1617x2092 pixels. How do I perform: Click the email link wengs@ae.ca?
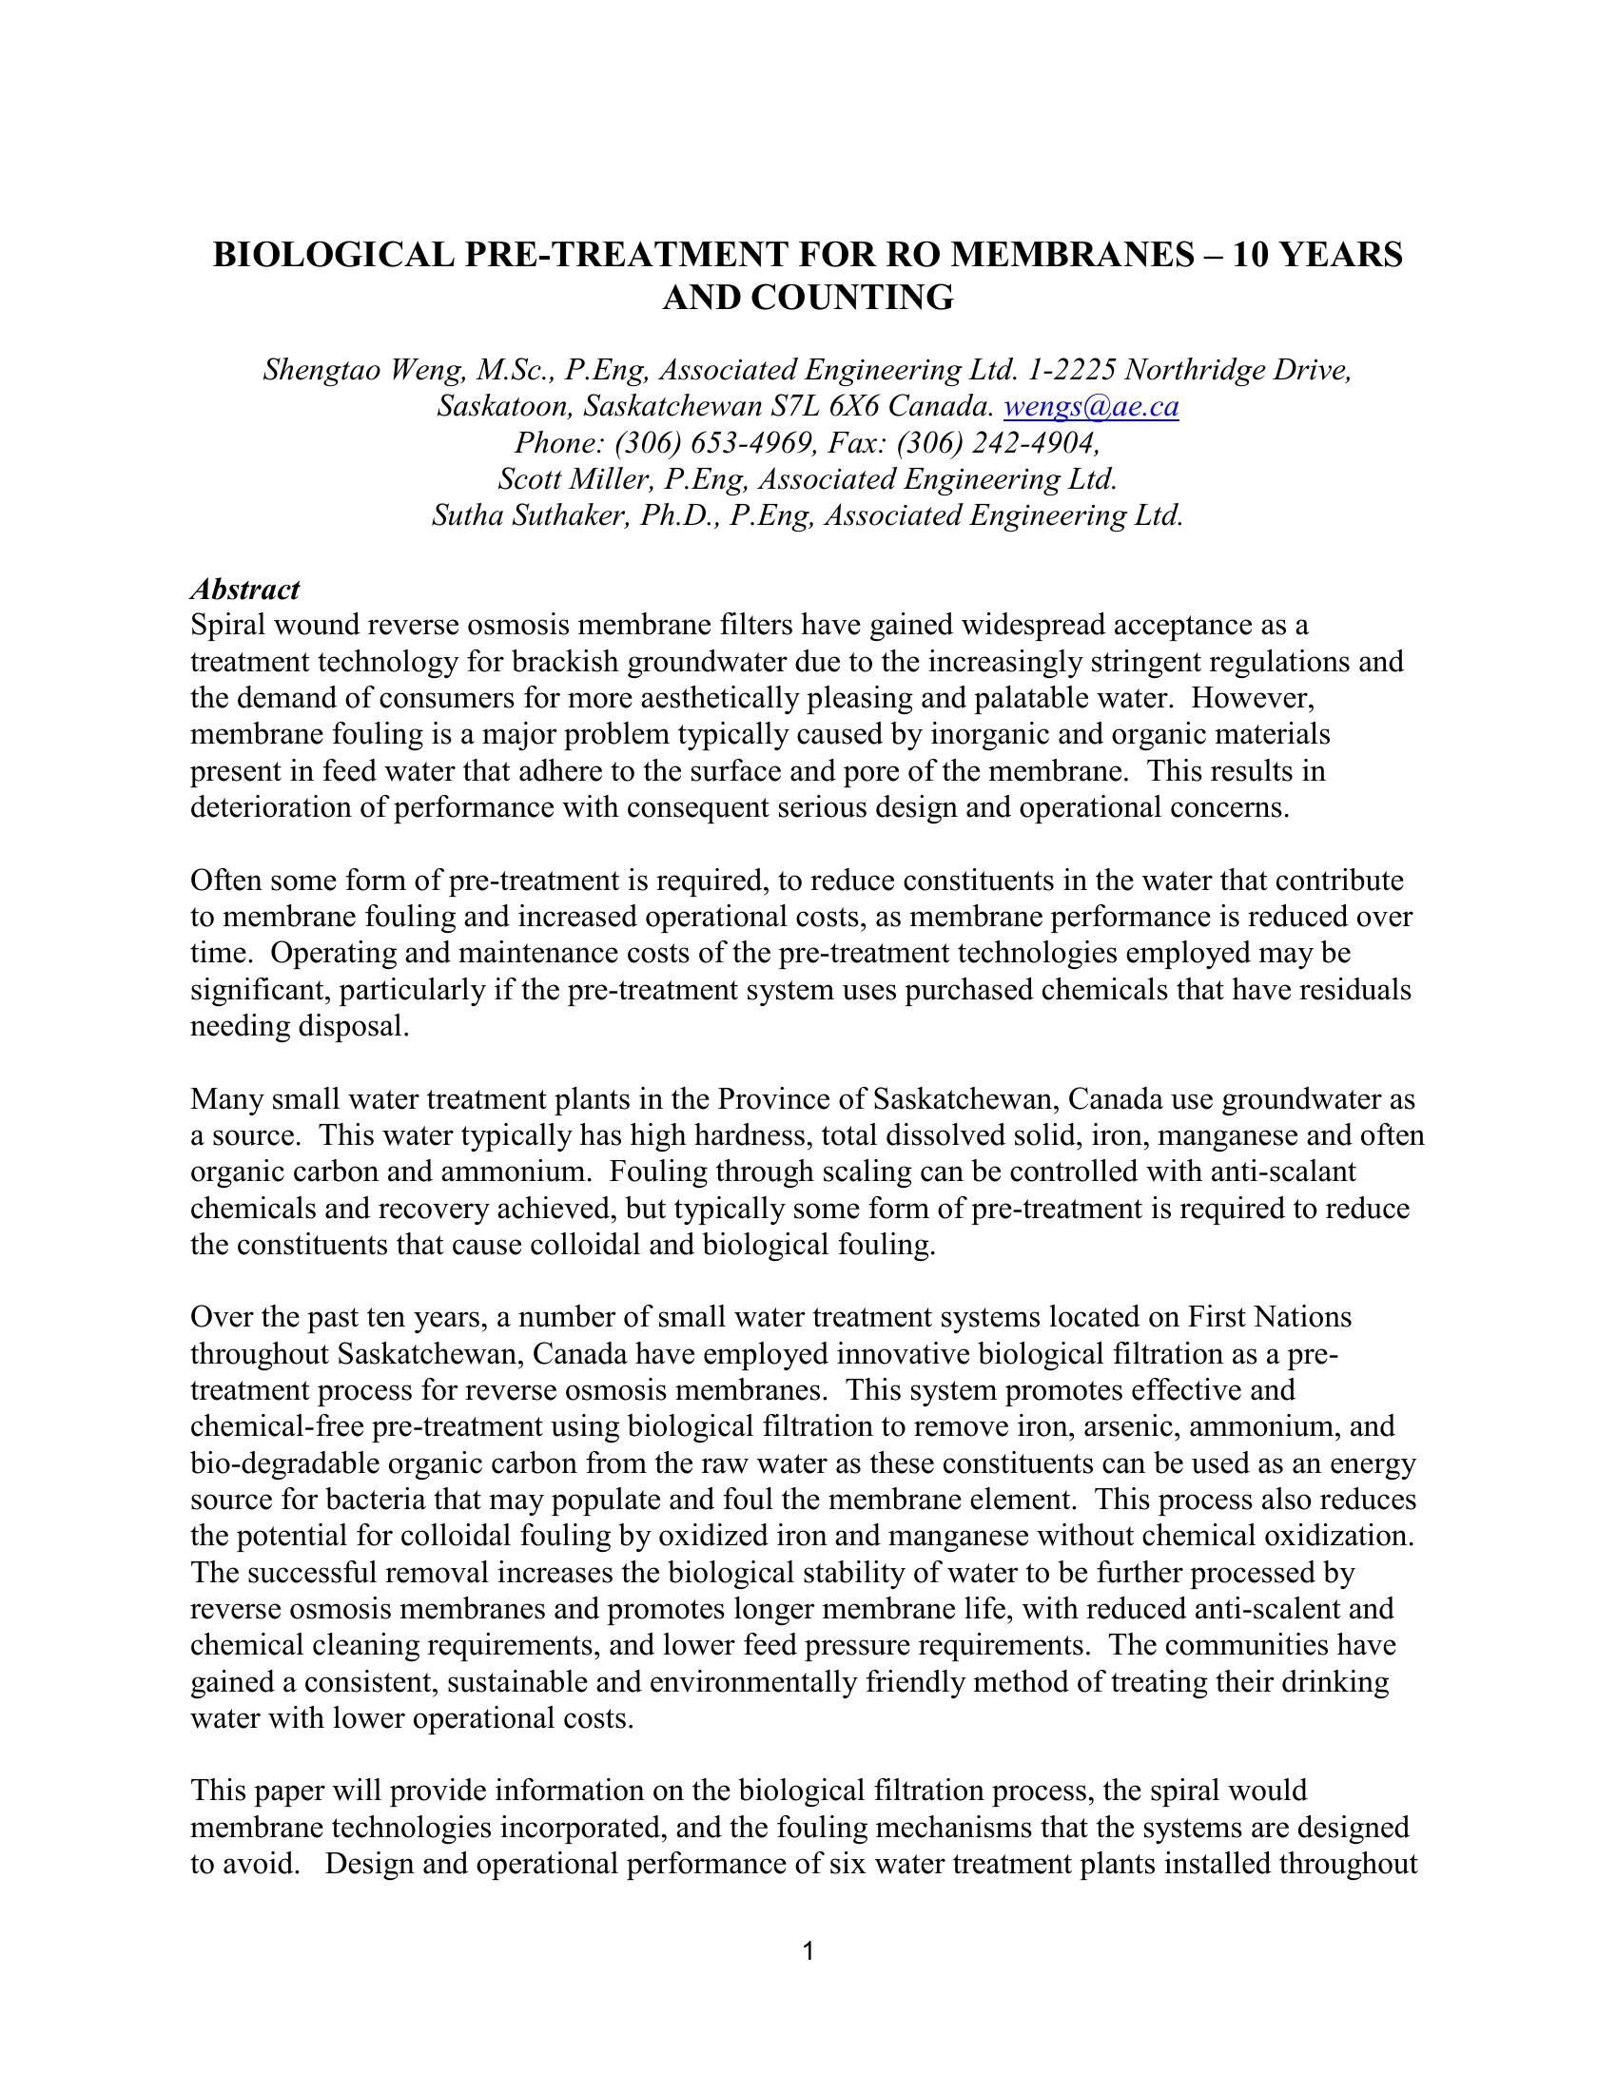tap(1090, 407)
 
